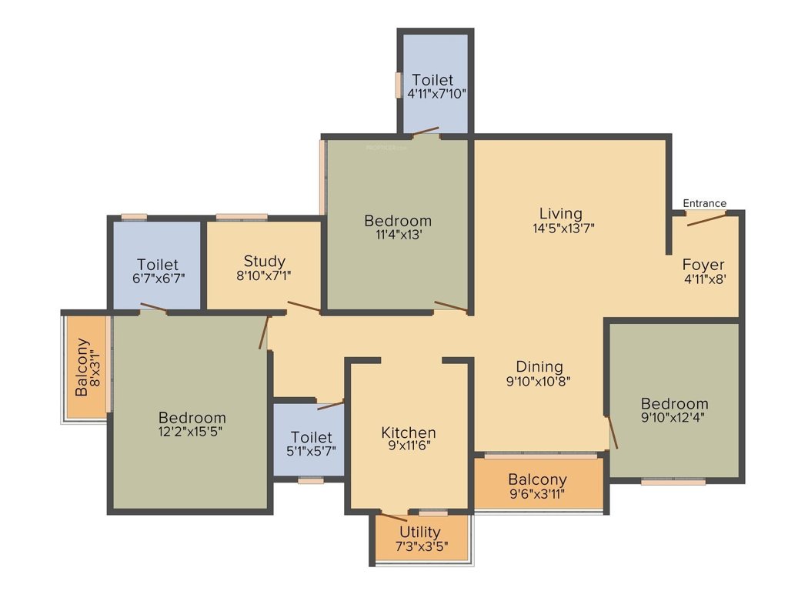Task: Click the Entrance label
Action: [x=705, y=203]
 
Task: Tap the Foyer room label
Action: [x=703, y=265]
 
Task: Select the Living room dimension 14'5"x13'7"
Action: [x=560, y=227]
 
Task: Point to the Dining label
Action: [x=539, y=367]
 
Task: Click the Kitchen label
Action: [x=409, y=432]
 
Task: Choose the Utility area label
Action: [x=420, y=533]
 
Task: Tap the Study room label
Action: [x=265, y=261]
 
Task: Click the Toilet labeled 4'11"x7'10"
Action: [x=432, y=80]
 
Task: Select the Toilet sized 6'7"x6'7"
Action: [x=158, y=265]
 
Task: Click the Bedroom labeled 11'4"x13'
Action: [x=398, y=221]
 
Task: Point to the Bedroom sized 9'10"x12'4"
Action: [x=674, y=404]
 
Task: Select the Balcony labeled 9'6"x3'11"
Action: [x=538, y=480]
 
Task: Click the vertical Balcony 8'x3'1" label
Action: [x=82, y=367]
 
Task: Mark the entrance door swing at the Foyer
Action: [x=706, y=219]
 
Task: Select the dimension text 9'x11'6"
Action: [x=409, y=447]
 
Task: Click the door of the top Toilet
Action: [x=426, y=132]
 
